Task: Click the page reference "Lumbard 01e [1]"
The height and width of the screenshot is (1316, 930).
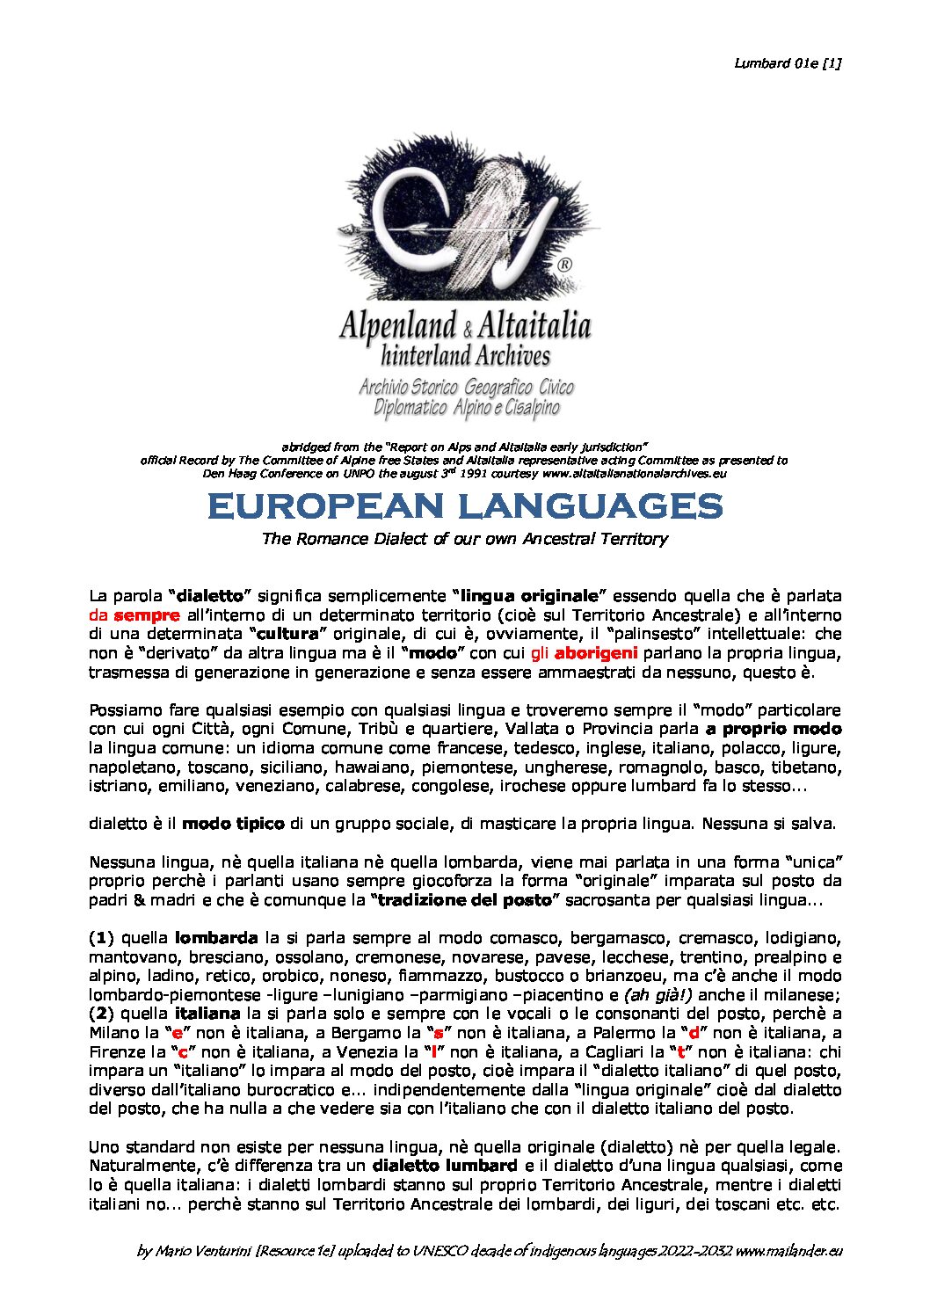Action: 788,62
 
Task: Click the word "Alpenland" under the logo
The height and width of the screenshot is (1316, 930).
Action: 398,326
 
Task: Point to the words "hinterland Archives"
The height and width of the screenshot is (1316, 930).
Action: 466,356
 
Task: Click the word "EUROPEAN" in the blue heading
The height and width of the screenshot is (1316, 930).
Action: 326,506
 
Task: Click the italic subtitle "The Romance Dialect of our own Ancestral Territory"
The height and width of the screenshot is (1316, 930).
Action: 464,539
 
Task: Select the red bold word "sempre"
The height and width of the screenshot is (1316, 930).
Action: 147,615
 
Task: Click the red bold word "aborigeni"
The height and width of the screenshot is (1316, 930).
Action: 596,654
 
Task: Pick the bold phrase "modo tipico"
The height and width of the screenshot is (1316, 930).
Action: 233,825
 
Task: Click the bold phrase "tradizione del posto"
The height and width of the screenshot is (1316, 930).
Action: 465,900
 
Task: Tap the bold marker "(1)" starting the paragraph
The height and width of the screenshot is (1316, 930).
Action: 102,938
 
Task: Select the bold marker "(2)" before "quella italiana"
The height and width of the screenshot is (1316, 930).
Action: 102,1014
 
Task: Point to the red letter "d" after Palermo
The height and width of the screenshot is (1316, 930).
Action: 694,1034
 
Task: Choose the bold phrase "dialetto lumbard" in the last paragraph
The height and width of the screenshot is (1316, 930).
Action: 444,1167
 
